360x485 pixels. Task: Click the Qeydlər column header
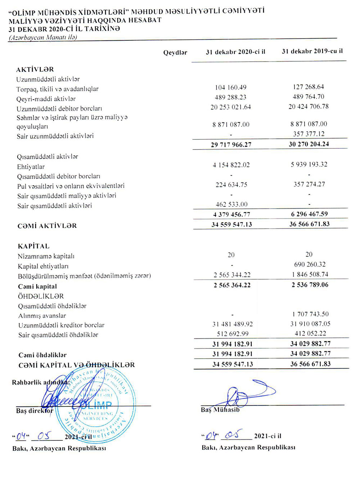[x=175, y=53]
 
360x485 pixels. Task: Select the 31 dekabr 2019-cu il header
[x=312, y=51]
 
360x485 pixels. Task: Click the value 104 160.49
[x=230, y=87]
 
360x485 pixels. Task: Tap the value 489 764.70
[x=308, y=97]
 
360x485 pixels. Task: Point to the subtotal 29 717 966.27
[x=231, y=144]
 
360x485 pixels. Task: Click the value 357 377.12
[x=309, y=134]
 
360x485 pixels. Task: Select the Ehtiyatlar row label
[x=31, y=167]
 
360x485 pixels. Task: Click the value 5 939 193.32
[x=309, y=164]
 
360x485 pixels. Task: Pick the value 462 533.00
[x=231, y=204]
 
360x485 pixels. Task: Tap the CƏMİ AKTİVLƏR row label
[x=47, y=226]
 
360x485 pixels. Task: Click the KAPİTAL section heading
[x=33, y=246]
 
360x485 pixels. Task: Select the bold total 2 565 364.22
[x=232, y=285]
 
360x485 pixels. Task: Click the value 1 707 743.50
[x=310, y=314]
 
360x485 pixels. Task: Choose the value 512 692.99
[x=233, y=334]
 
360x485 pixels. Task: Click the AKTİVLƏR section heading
[x=35, y=70]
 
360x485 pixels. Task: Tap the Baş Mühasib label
[x=220, y=410]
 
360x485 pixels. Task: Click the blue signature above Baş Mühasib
[x=245, y=395]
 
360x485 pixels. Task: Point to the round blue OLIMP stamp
[x=95, y=404]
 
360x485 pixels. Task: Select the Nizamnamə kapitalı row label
[x=46, y=257]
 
